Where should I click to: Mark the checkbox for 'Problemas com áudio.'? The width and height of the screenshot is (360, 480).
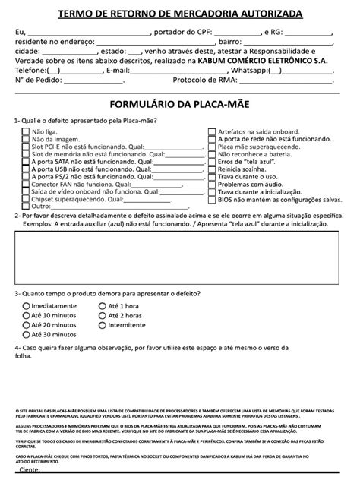coord(212,184)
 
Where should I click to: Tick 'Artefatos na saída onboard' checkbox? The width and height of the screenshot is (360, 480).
coord(212,131)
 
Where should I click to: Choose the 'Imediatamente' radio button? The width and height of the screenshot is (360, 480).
coord(26,305)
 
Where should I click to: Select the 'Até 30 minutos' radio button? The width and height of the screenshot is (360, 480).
coord(26,334)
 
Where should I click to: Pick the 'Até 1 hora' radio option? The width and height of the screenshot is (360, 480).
coord(103,305)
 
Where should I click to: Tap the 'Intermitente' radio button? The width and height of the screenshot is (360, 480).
coord(103,324)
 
